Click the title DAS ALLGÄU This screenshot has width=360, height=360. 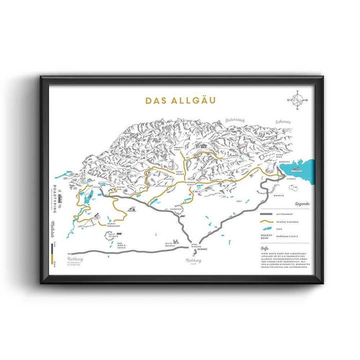click(180, 100)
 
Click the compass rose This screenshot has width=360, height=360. click(297, 100)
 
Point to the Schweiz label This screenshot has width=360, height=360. click(282, 121)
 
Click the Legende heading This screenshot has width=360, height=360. click(302, 203)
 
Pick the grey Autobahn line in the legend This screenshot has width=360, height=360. click(270, 212)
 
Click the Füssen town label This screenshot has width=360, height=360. click(97, 187)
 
